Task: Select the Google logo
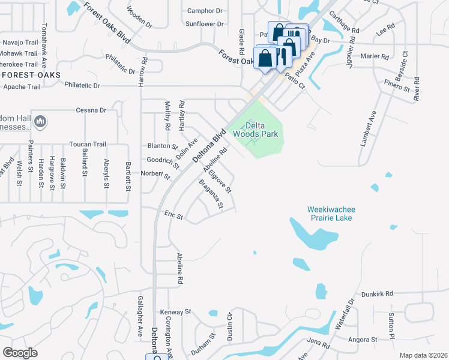[x=20, y=353]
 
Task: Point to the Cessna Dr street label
[x=91, y=110]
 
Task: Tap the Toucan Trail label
[x=88, y=144]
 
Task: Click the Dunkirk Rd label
[x=377, y=294]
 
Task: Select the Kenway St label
[x=175, y=312]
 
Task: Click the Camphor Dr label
[x=205, y=11]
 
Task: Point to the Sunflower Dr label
[x=205, y=24]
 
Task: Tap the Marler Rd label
[x=376, y=56]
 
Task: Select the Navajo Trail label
[x=20, y=42]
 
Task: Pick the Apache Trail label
[x=22, y=86]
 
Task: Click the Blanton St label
[x=163, y=146]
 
